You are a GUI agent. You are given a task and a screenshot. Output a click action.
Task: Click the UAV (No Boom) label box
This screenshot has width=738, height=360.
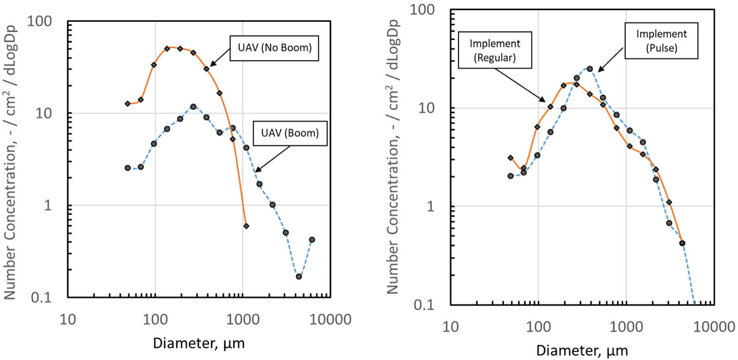274,48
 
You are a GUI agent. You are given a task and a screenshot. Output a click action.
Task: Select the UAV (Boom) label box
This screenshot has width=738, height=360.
290,133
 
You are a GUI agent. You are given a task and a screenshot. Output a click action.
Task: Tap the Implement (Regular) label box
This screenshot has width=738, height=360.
495,50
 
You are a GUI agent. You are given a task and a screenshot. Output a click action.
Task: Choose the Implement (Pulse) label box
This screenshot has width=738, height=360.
661,41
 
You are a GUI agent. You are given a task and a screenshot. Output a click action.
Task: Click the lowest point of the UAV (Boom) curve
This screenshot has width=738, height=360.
299,277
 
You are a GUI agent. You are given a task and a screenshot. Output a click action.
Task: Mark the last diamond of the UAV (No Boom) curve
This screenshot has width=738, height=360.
246,226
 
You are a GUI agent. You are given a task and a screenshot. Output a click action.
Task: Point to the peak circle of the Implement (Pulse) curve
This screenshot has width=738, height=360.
590,69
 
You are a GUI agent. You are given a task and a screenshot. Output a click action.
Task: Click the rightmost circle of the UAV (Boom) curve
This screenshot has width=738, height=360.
312,240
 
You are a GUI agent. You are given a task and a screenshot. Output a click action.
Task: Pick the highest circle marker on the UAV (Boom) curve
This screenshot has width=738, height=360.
193,107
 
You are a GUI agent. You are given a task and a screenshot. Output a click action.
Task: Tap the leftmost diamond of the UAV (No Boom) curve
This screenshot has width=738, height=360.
128,104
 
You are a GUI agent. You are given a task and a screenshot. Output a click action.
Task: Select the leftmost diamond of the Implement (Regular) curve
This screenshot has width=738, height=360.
510,158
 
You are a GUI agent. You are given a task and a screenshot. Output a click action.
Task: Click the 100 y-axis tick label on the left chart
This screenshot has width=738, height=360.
39,21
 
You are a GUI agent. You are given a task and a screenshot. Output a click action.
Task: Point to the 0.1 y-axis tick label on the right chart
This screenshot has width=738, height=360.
424,305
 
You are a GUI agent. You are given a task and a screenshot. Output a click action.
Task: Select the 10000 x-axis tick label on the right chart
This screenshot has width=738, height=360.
714,327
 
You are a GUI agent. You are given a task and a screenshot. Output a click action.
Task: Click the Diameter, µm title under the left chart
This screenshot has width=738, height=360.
199,343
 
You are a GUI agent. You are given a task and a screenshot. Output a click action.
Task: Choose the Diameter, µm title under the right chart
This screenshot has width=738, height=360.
582,350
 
